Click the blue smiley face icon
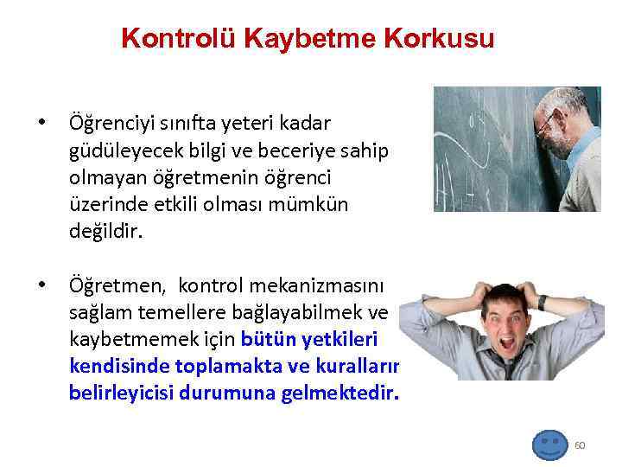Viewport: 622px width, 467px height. (549, 445)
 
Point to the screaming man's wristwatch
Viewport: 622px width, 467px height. (543, 302)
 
